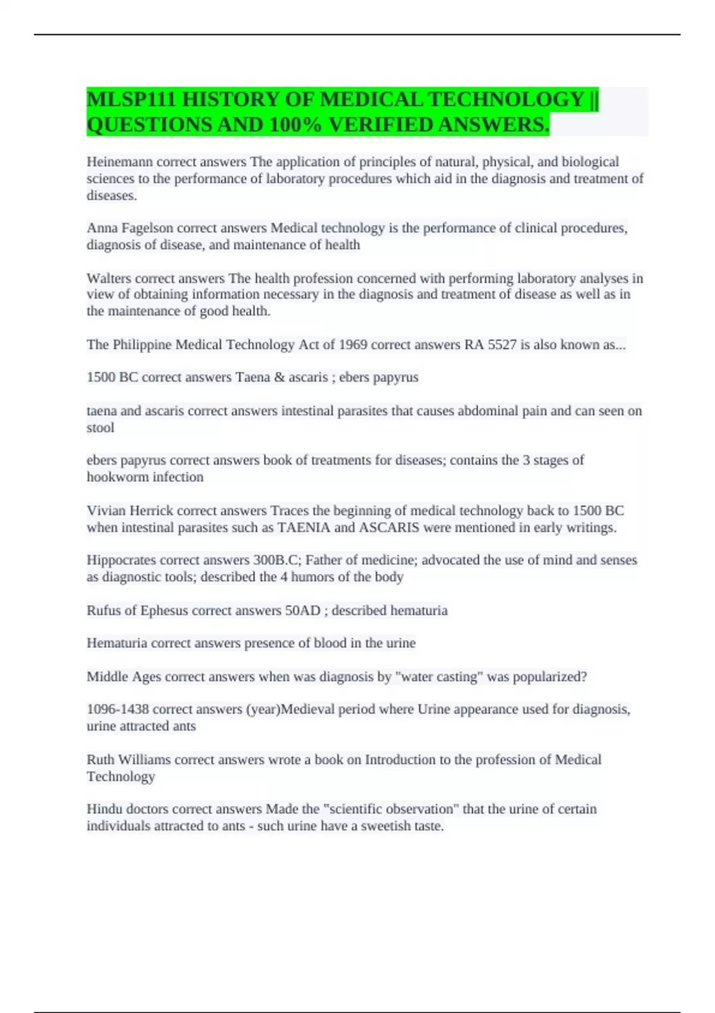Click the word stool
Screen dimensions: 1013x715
point(100,428)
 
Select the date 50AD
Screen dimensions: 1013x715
point(303,611)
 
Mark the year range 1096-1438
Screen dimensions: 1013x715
point(117,709)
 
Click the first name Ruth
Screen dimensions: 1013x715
point(100,760)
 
